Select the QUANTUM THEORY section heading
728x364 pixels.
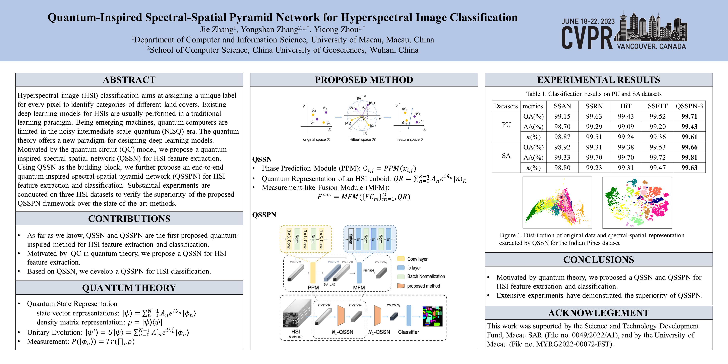coord(129,288)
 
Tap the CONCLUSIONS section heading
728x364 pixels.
coord(599,260)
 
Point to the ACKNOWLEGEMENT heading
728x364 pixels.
coord(599,313)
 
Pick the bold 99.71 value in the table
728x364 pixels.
coord(689,116)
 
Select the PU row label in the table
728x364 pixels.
coord(506,125)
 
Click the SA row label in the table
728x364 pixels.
coord(506,156)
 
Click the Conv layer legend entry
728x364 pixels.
coord(417,259)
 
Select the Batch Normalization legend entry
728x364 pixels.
coord(426,276)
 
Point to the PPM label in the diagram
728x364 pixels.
coord(313,287)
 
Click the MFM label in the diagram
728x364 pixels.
coord(359,287)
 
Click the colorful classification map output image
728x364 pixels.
coord(432,316)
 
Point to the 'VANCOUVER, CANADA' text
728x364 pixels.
coord(651,46)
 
